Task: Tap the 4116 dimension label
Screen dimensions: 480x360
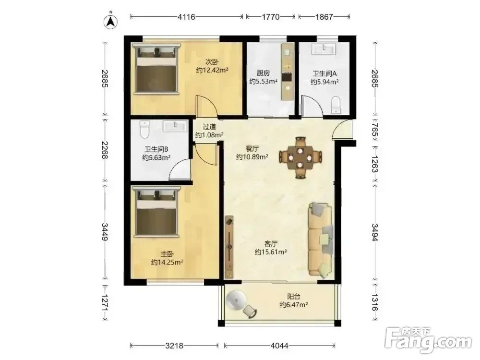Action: [186, 17]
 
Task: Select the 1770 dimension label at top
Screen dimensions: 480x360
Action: [271, 17]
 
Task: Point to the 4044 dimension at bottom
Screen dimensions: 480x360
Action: [279, 346]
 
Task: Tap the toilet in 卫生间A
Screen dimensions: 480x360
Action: [336, 105]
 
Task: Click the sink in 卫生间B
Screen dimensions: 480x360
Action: [175, 126]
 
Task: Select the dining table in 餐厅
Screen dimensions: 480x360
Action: [300, 157]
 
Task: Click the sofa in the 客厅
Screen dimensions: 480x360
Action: [321, 240]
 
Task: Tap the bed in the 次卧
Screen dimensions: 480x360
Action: [156, 68]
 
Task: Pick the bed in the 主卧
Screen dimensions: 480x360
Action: [156, 212]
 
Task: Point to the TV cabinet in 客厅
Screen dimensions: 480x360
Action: [229, 247]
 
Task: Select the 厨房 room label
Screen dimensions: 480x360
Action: [263, 73]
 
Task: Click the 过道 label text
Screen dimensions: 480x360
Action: [209, 126]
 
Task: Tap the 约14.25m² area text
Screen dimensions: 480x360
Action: [167, 263]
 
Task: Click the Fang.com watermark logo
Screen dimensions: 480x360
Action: [428, 339]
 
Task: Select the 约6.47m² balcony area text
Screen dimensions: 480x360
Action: [294, 305]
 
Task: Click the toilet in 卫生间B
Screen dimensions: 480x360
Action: [144, 130]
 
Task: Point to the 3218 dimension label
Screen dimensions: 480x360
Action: [174, 346]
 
